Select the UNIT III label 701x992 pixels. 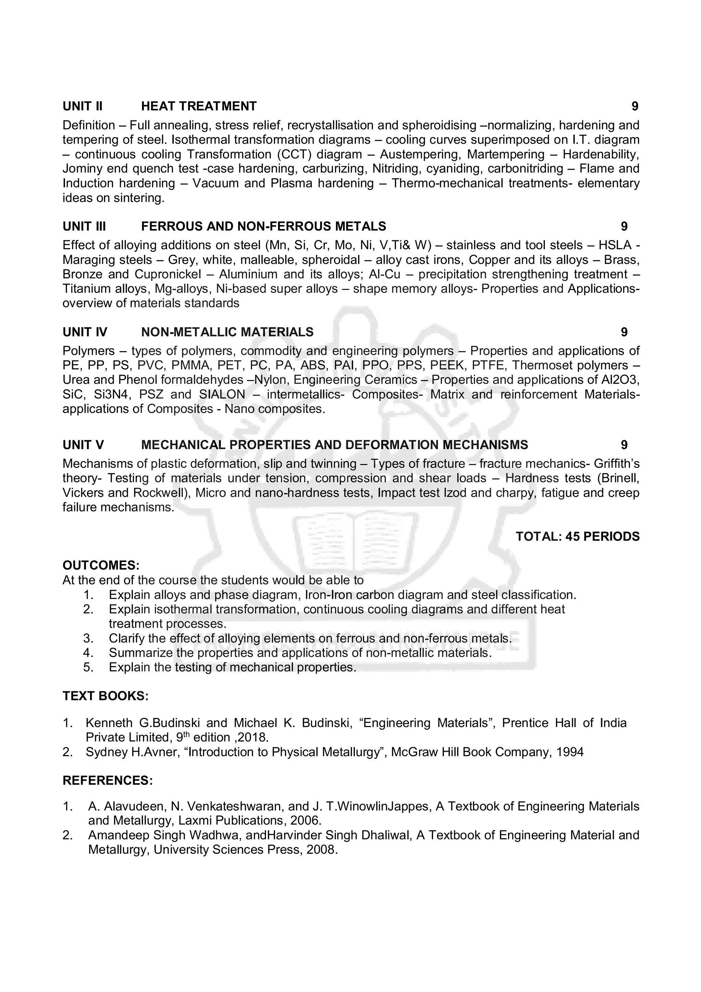coord(84,226)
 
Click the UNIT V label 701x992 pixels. coord(84,445)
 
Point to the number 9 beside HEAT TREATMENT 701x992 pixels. coord(635,106)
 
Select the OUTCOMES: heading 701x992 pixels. coord(101,565)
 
